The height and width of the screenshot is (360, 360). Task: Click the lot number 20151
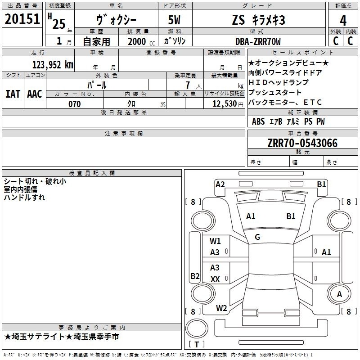[x=22, y=19]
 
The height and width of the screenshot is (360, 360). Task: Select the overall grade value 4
[x=343, y=21]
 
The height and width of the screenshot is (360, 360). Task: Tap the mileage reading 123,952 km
[x=53, y=65]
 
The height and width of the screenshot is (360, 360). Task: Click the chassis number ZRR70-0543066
[x=302, y=143]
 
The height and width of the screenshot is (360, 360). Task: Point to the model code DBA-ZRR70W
[x=258, y=41]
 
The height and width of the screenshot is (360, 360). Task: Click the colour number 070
[x=75, y=104]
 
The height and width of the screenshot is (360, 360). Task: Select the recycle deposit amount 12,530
[x=225, y=104]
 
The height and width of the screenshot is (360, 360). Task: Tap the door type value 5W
[x=174, y=20]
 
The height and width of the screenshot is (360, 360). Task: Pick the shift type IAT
[x=13, y=94]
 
